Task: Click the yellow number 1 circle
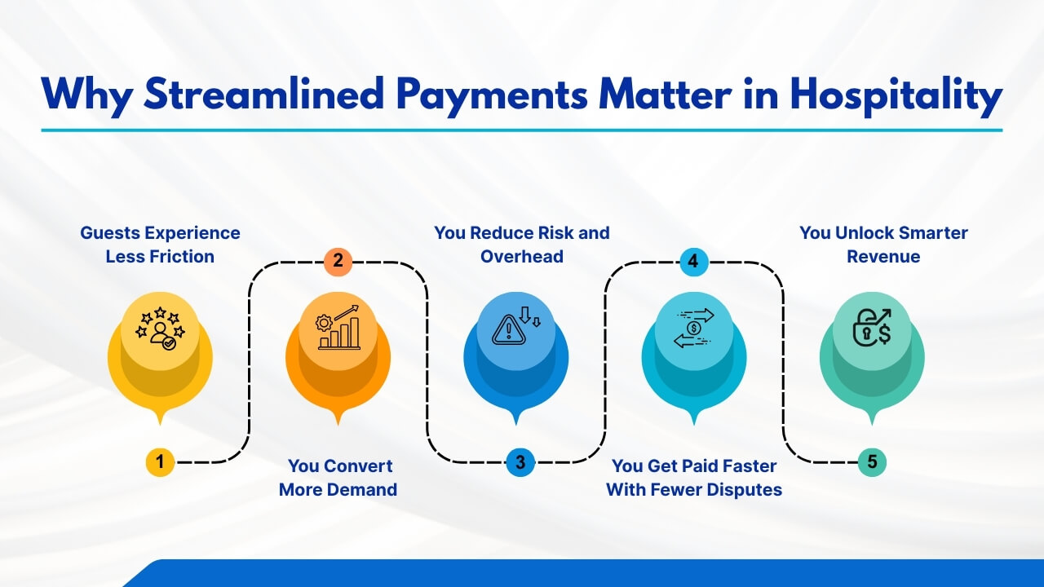coord(160,462)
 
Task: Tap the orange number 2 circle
coord(338,262)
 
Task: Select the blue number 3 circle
coord(520,462)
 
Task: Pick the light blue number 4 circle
coord(693,262)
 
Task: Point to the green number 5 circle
coord(872,462)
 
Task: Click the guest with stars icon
coord(160,328)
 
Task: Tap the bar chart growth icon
coord(338,328)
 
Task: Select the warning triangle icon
coord(515,328)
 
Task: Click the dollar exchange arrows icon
coord(693,328)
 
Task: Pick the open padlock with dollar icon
coord(871,328)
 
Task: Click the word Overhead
coord(522,256)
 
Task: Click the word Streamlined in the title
coord(263,95)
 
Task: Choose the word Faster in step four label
coord(744,466)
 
